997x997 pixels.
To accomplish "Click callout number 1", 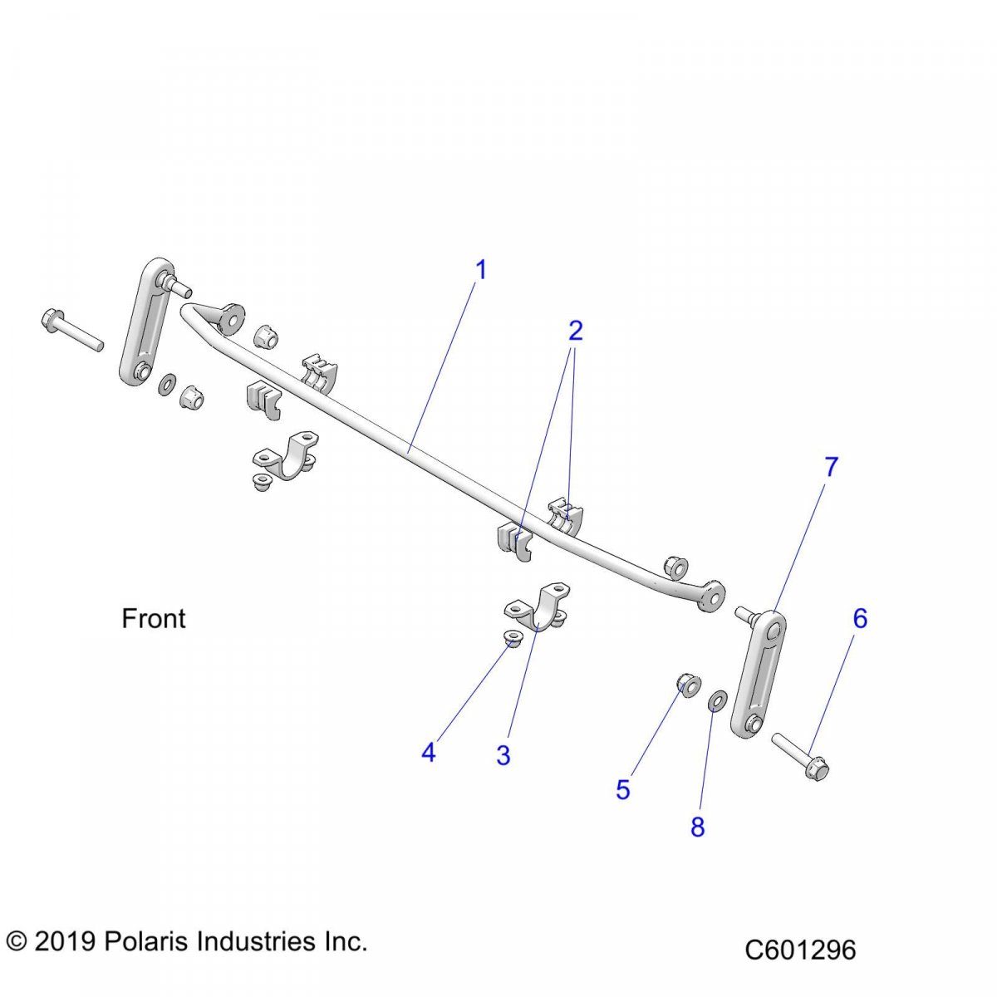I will point(480,271).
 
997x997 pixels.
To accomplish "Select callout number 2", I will point(575,332).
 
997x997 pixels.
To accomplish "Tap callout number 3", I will point(503,756).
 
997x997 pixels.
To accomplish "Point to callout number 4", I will point(428,753).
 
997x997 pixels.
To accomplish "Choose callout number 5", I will point(623,790).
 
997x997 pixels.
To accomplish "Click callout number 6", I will point(860,619).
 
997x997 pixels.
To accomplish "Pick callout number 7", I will point(831,468).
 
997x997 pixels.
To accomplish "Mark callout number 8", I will point(697,827).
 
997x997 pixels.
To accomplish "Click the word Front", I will point(154,619).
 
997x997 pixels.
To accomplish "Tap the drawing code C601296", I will point(800,950).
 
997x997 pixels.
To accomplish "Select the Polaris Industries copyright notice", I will point(186,942).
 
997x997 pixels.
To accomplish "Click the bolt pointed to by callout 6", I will point(801,755).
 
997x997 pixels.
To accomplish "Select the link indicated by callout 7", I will point(758,673).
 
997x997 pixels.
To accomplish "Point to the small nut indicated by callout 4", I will point(513,638).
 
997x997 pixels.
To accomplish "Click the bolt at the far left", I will point(70,329).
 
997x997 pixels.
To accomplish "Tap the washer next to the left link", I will point(166,383).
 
